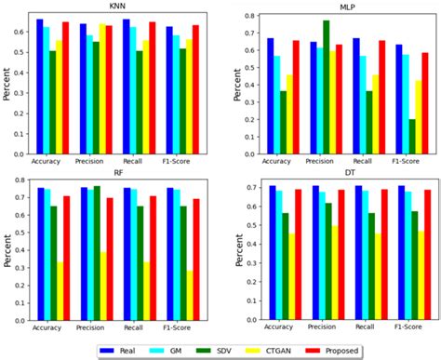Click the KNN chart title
pos(118,6)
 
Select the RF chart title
pos(118,173)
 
